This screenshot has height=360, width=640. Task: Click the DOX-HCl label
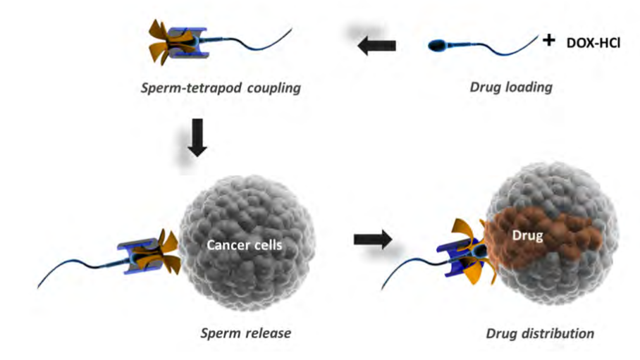click(x=594, y=44)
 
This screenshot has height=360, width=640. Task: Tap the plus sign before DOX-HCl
click(x=549, y=42)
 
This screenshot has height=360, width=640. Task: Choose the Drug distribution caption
click(x=540, y=333)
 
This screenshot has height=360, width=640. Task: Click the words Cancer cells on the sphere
click(x=235, y=246)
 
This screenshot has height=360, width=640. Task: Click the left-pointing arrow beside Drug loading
click(x=376, y=46)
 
